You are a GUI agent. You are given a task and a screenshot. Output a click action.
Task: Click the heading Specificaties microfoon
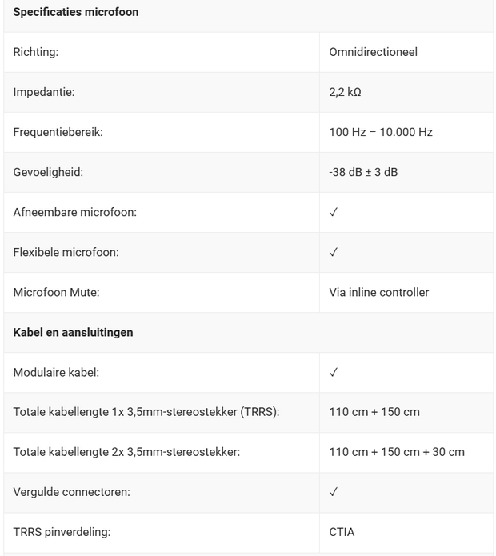pos(76,12)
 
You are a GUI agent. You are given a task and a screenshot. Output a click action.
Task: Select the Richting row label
pos(36,52)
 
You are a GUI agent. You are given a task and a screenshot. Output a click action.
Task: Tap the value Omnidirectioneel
pos(373,52)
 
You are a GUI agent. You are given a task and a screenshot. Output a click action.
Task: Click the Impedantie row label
pos(44,92)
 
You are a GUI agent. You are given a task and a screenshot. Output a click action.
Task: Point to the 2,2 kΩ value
pos(346,92)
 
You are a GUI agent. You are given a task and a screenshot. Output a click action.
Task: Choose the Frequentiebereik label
pos(58,132)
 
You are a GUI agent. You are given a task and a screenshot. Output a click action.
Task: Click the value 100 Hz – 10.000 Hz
pos(381,132)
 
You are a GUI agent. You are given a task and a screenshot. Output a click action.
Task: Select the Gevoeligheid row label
pos(48,172)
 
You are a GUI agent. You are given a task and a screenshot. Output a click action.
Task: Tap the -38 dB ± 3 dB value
pos(363,172)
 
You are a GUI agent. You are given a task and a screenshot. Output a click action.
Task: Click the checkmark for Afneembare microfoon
pos(334,212)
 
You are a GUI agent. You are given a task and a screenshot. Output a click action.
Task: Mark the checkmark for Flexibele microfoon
pos(334,252)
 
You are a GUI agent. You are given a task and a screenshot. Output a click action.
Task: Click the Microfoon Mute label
pos(56,292)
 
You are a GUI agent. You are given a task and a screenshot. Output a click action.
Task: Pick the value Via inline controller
pos(379,292)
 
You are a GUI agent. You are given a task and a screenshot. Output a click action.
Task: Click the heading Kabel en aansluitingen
pos(73,332)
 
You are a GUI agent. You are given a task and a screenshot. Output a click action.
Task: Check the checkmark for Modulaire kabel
pos(334,372)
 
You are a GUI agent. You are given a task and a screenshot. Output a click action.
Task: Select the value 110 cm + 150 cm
pos(374,412)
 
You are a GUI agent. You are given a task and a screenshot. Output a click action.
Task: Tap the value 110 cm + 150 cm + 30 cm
pos(397,452)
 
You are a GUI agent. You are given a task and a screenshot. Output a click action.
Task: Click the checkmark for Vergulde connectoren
pos(334,492)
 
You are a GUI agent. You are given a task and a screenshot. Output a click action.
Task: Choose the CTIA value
pos(342,532)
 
